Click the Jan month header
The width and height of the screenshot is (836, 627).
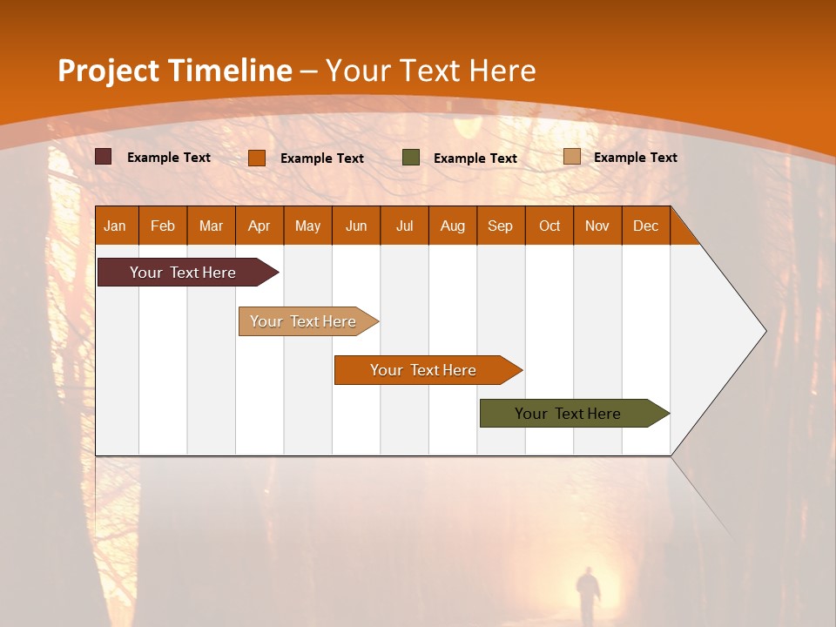[x=116, y=226]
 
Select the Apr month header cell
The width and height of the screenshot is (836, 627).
[x=260, y=226]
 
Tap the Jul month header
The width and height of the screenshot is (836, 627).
[x=404, y=226]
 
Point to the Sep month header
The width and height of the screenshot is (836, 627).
[x=500, y=226]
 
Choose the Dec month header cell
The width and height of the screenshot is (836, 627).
[x=645, y=226]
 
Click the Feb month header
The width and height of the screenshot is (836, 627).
[x=163, y=226]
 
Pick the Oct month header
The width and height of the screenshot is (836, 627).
[x=549, y=226]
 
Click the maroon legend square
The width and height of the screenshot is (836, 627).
[x=104, y=157]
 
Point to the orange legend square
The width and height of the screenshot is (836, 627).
[x=257, y=158]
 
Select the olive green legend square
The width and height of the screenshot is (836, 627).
[x=411, y=157]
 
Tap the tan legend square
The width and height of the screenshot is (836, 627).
[x=571, y=157]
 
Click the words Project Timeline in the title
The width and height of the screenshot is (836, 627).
[x=174, y=71]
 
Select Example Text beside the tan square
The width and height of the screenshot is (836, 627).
[x=635, y=158]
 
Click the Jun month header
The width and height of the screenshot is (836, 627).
[x=356, y=226]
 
